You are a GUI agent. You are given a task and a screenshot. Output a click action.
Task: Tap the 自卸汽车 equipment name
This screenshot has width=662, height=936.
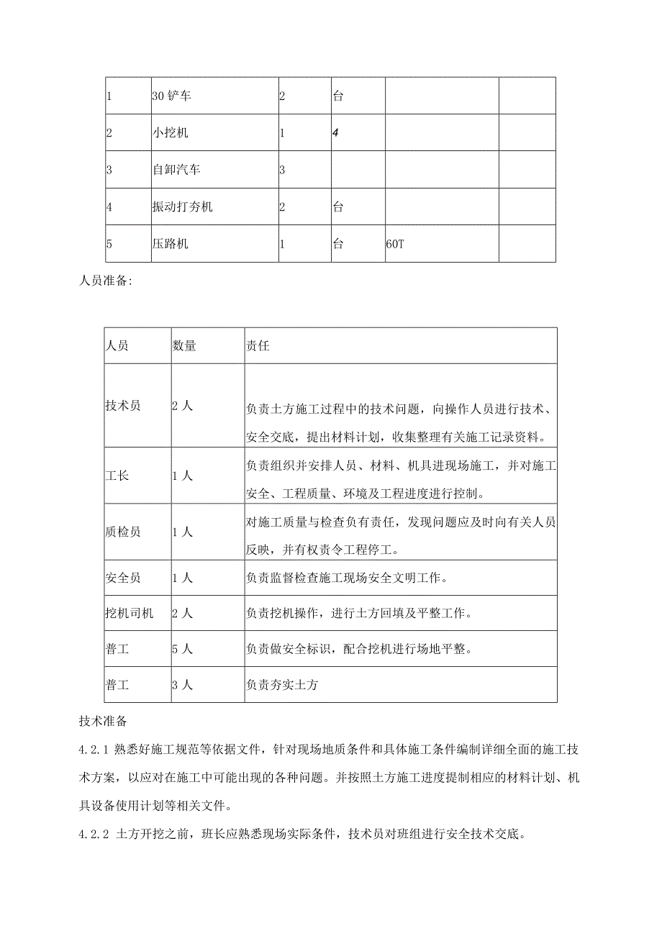point(176,171)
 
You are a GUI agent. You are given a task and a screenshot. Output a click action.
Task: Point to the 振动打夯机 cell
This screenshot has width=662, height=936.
point(182,207)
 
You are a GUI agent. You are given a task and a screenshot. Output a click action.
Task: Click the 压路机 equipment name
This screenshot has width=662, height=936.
point(171,244)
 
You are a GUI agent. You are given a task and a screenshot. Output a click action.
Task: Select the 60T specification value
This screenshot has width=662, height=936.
point(396,244)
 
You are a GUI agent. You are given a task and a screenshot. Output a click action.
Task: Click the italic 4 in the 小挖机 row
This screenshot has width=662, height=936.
point(335,133)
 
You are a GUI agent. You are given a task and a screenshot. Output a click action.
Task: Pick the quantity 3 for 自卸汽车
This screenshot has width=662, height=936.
point(282,171)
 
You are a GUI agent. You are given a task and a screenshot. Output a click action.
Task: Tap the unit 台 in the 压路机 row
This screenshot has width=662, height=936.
point(337,244)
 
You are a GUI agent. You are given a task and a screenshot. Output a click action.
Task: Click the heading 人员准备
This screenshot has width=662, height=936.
point(104,282)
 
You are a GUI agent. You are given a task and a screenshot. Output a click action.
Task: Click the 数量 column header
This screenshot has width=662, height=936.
point(183,346)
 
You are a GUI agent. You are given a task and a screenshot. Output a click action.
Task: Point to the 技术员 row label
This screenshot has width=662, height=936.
point(123,406)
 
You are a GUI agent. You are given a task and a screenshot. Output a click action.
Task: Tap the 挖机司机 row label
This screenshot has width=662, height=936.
point(129,613)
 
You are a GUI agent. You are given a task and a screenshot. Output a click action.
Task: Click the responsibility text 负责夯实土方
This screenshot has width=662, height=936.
point(281,685)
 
